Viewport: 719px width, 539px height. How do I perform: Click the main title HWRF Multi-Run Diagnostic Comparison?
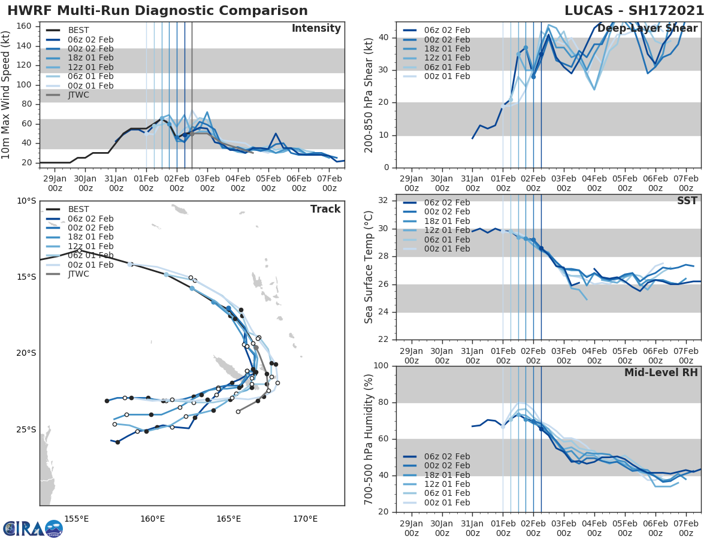click(158, 11)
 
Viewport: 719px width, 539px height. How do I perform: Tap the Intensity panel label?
click(316, 29)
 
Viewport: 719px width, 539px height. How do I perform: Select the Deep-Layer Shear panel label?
click(647, 29)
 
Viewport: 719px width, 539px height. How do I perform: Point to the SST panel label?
click(687, 201)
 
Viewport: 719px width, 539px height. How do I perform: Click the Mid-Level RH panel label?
click(661, 373)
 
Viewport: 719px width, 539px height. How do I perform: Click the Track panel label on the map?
click(325, 209)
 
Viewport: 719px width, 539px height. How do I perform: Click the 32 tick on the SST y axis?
click(382, 201)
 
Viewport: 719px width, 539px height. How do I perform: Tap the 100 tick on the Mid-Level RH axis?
click(379, 366)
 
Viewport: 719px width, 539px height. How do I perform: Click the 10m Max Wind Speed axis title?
click(7, 90)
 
